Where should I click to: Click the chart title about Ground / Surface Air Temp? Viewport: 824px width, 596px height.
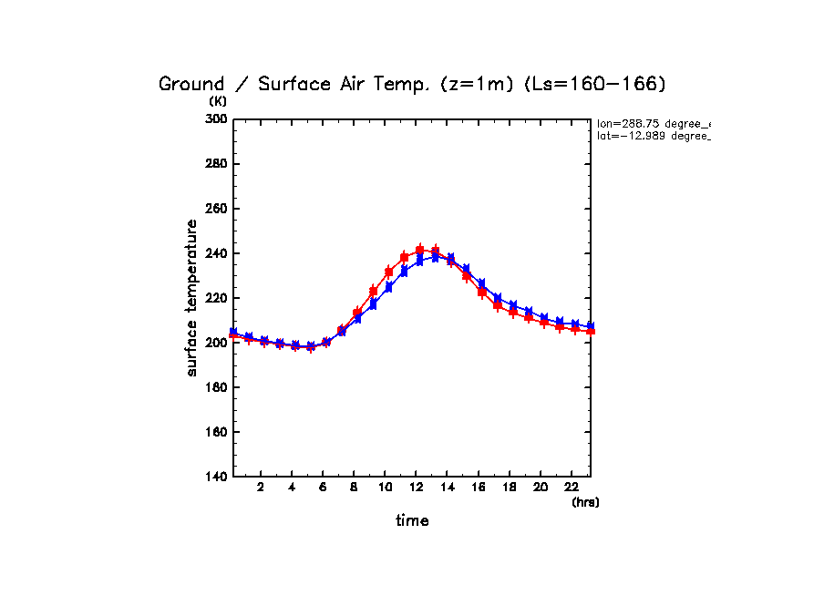[x=413, y=85]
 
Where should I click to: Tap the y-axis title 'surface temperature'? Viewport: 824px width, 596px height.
[x=191, y=298]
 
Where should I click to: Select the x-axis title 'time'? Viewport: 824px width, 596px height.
[x=412, y=521]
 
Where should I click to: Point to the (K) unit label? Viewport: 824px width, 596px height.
[x=218, y=101]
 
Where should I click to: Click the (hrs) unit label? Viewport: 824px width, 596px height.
[x=585, y=501]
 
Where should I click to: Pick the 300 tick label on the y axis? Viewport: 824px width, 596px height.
[x=217, y=119]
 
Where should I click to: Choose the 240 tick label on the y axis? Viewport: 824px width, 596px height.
[x=217, y=253]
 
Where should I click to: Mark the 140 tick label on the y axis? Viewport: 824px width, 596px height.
[x=217, y=477]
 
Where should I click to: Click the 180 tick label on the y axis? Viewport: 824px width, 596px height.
[x=217, y=387]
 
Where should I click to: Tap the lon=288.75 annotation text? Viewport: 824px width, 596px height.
[x=652, y=123]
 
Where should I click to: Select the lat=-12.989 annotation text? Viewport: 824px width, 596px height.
[x=652, y=136]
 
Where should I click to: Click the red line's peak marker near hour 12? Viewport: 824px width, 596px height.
[x=420, y=250]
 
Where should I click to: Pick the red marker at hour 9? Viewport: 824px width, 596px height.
[x=373, y=292]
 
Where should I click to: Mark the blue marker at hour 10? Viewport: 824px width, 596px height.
[x=389, y=287]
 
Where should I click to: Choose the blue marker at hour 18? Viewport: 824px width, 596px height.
[x=513, y=305]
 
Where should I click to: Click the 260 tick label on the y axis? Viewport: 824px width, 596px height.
[x=217, y=209]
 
